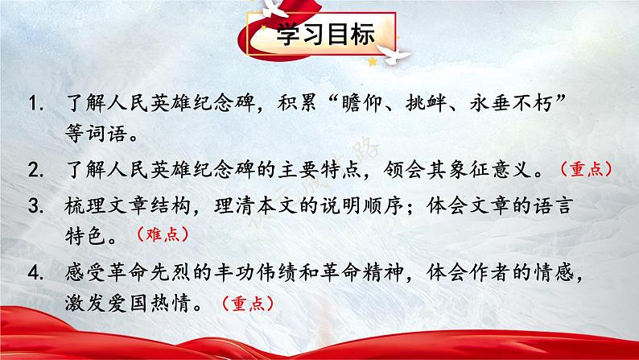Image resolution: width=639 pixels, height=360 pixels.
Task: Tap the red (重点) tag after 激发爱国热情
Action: coord(246,304)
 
